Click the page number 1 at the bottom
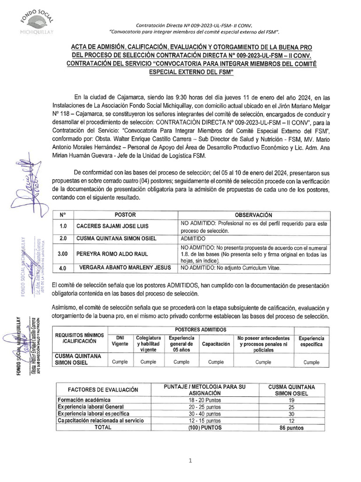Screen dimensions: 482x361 pos(190,461)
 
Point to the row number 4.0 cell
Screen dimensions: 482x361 pos(63,268)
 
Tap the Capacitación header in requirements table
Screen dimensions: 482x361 pos(216,344)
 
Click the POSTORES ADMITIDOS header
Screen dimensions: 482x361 pos(201,329)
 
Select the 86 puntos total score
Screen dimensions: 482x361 pos(291,428)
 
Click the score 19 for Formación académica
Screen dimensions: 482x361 pos(291,400)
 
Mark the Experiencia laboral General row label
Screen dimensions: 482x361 pos(90,407)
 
